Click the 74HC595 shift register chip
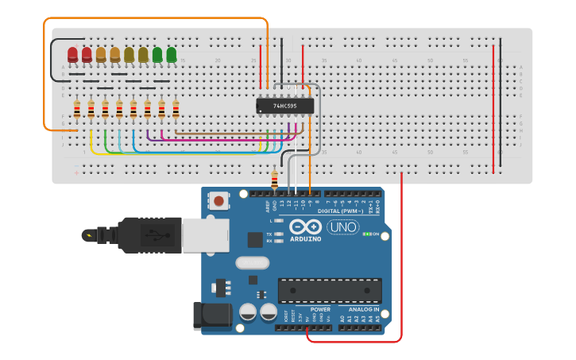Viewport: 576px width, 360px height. [284, 106]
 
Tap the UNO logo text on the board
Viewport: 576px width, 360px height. [343, 227]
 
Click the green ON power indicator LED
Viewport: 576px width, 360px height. [366, 234]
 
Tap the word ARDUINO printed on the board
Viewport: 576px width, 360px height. [306, 239]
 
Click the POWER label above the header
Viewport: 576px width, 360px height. [320, 309]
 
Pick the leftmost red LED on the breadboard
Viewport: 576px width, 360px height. [72, 54]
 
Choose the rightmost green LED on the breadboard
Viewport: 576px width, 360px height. [172, 54]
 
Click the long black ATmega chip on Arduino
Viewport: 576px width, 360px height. [329, 290]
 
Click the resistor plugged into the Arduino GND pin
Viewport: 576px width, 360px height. [275, 180]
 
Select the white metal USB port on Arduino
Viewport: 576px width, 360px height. [205, 236]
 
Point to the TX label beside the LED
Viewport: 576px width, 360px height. [269, 234]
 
